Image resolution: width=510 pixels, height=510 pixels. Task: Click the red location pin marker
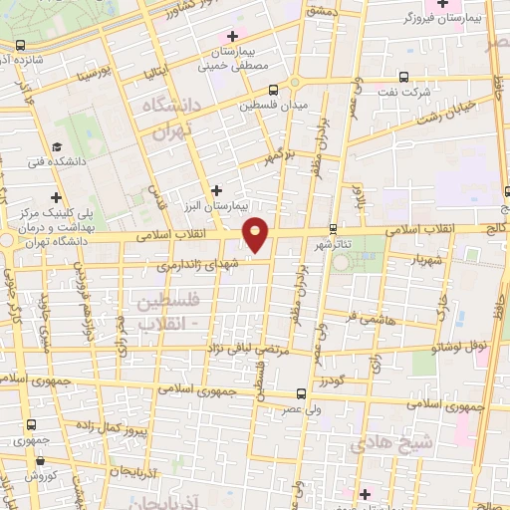256,234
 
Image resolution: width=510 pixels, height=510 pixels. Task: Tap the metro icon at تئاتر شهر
333,227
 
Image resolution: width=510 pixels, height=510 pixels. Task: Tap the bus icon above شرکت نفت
403,77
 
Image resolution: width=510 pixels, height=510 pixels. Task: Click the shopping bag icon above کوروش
39,460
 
